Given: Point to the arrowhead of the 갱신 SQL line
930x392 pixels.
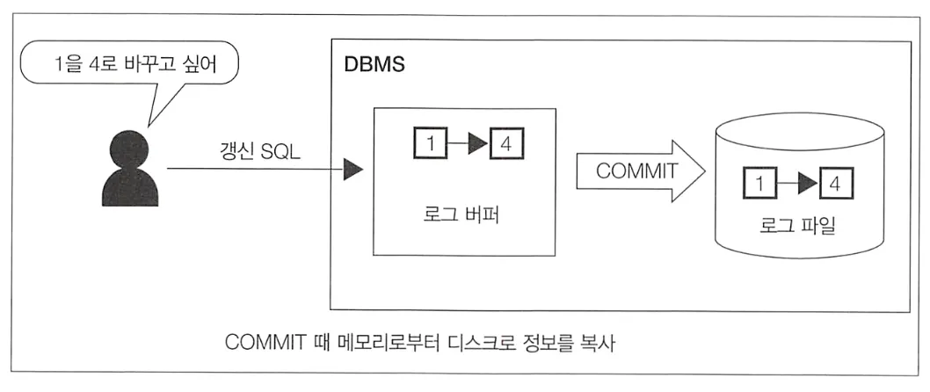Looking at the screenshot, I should [x=352, y=171].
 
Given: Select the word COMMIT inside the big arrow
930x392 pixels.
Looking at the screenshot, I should [x=637, y=171].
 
